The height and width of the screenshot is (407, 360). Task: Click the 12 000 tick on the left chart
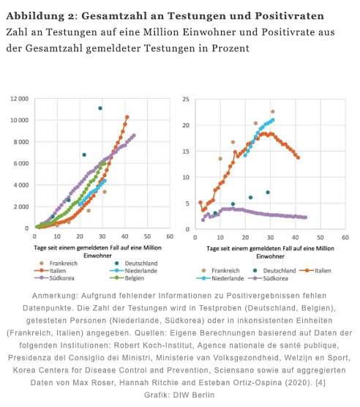click(x=18, y=98)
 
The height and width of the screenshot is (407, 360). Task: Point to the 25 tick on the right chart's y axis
click(x=187, y=99)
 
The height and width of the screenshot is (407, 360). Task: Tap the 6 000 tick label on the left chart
click(x=20, y=163)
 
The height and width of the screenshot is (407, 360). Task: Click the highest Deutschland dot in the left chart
click(x=100, y=108)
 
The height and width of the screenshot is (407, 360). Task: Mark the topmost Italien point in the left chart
click(x=127, y=117)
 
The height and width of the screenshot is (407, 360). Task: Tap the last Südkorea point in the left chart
click(x=134, y=135)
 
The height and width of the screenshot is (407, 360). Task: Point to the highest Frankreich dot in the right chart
click(x=272, y=112)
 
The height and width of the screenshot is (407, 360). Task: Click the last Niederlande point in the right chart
click(x=272, y=120)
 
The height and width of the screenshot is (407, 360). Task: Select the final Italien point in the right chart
click(x=298, y=157)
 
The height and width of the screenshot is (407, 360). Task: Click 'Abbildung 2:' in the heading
click(x=37, y=16)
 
